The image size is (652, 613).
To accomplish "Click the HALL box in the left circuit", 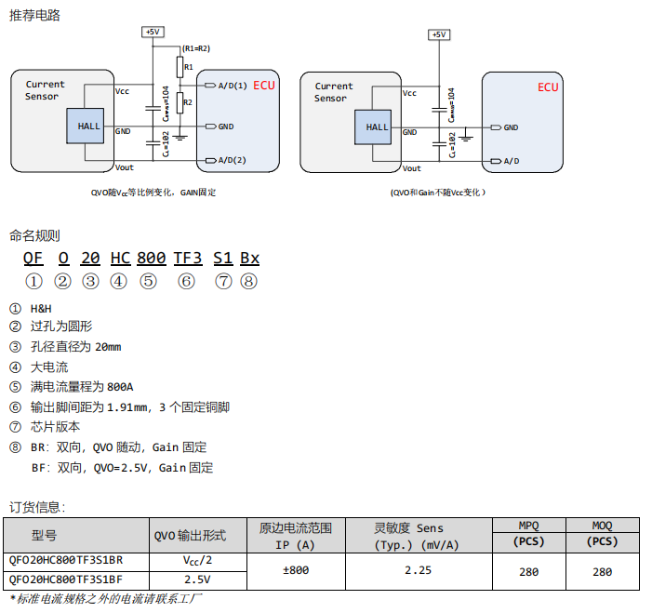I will (88, 127).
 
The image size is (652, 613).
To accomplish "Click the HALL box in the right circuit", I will (378, 127).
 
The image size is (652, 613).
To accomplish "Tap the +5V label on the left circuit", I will (153, 32).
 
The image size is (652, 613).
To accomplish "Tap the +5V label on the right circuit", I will (438, 34).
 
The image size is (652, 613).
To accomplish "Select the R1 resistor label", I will (189, 67).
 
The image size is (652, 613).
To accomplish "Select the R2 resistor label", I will (189, 102).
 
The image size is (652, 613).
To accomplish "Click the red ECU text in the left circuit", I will (265, 86).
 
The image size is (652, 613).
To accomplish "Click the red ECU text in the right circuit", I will (548, 87).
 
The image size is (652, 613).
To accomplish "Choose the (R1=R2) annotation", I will (196, 47).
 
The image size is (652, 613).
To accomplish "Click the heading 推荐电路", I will (34, 15).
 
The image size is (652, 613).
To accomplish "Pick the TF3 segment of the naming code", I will (188, 258).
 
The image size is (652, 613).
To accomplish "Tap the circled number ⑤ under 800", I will (148, 282).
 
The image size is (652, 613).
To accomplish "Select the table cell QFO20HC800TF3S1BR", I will (65, 560).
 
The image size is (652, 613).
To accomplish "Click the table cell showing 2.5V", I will (197, 580).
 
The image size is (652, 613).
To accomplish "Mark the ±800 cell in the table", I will (295, 570).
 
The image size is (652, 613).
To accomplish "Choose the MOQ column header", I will (603, 526).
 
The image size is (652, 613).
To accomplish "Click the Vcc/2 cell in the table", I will (197, 560).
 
